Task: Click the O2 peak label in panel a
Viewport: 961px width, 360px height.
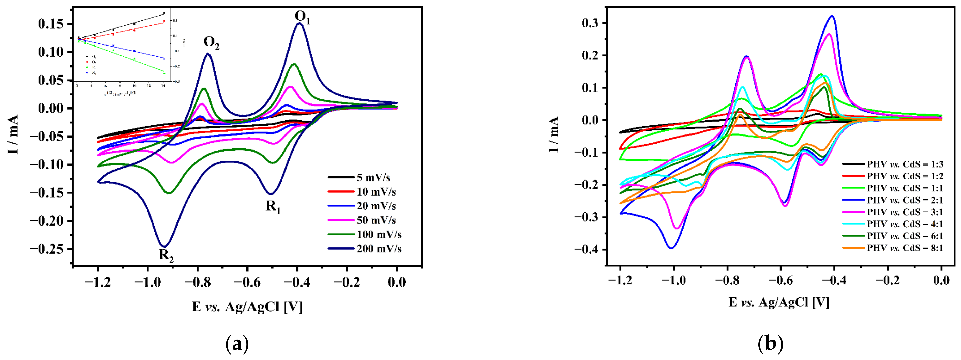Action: [x=212, y=43]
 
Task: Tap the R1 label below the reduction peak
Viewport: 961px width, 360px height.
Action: [x=273, y=207]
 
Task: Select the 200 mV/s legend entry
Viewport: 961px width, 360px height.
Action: [x=379, y=249]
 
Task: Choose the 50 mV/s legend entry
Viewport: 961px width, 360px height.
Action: [x=376, y=220]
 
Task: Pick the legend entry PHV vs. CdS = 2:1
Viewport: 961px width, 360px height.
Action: [x=905, y=200]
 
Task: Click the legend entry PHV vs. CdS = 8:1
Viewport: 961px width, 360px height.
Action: [x=905, y=248]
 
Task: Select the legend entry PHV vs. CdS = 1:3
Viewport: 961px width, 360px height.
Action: [x=905, y=164]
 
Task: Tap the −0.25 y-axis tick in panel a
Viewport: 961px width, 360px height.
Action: [x=50, y=249]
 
